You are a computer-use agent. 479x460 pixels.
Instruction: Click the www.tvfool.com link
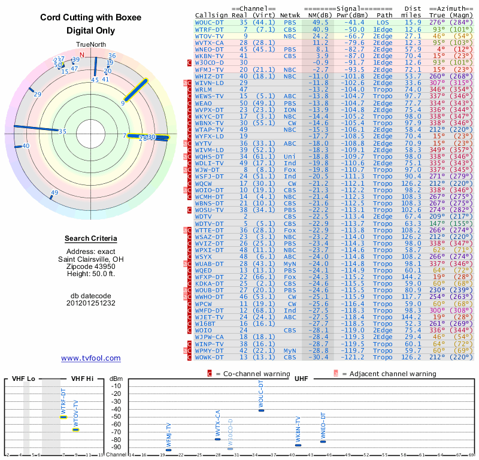(91, 358)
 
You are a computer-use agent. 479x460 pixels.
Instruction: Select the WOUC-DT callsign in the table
(210, 22)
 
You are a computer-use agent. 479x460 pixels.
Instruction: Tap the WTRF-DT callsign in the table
(210, 29)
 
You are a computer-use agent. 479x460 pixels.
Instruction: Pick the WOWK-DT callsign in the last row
(210, 357)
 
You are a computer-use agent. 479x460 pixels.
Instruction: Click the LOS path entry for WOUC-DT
(383, 22)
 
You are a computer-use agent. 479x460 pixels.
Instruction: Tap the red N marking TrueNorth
(82, 55)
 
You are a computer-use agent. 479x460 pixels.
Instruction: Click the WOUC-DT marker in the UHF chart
(261, 410)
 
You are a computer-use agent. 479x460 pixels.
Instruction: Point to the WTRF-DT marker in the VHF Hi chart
(63, 416)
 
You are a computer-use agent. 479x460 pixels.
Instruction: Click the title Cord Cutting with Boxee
(91, 17)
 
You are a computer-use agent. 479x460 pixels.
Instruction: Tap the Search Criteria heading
(91, 239)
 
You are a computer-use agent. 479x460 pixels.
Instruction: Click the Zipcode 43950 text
(91, 267)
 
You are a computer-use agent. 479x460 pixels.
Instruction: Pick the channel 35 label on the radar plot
(62, 132)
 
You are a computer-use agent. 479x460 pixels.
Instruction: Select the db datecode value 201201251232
(91, 303)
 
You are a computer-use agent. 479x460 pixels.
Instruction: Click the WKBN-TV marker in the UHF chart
(298, 445)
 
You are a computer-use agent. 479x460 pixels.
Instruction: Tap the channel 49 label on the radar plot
(54, 193)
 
